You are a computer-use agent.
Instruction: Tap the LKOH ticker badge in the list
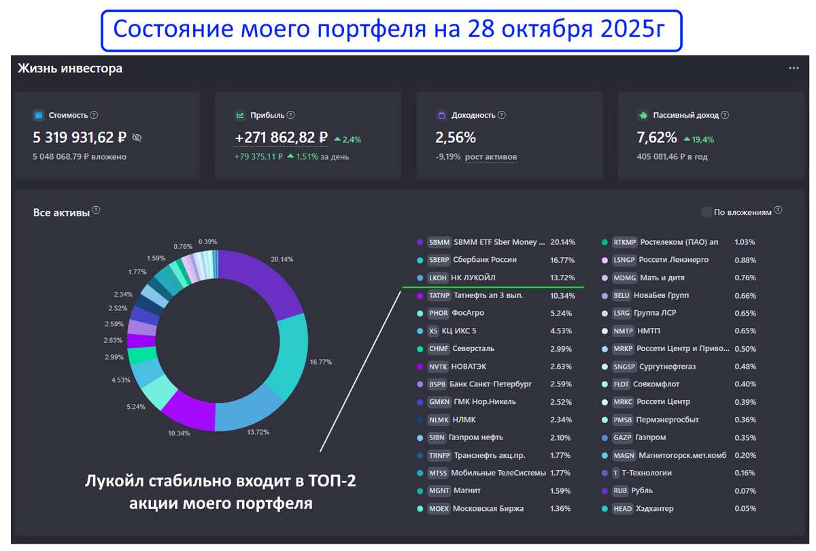coord(438,278)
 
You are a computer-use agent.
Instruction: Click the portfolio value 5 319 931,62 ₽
coord(80,137)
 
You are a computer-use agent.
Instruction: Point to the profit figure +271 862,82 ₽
coord(282,137)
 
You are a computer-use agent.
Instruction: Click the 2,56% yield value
coord(456,137)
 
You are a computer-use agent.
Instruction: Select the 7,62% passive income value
coord(657,137)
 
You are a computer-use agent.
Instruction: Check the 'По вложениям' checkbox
coord(707,212)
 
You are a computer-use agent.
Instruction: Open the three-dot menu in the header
coord(794,69)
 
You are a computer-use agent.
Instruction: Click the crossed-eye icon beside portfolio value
coord(137,137)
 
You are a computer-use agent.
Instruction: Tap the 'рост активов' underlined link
coord(491,157)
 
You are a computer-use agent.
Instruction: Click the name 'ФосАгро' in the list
coord(468,313)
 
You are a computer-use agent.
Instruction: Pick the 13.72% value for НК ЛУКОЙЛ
coord(562,278)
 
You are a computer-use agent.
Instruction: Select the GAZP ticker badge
coord(622,437)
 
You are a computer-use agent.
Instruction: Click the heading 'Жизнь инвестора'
coord(69,69)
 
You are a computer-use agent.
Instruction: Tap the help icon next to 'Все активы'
coord(96,211)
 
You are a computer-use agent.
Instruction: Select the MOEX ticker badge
coord(439,508)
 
